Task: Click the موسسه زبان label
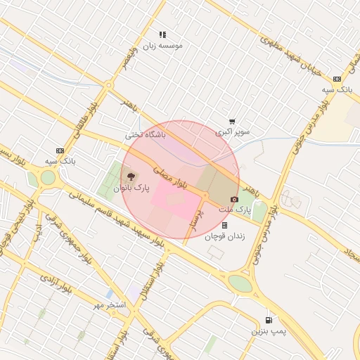[x=162, y=46]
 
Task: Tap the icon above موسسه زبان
[x=162, y=34]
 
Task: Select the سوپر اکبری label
[x=233, y=131]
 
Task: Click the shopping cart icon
[x=232, y=121]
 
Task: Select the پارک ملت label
[x=234, y=210]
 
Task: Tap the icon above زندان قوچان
[x=224, y=226]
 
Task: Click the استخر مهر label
[x=109, y=305]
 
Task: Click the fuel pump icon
[x=268, y=319]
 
